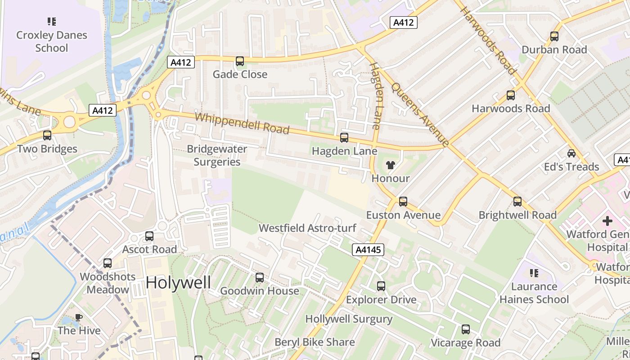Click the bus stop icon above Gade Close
[x=240, y=61]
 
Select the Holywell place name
[x=178, y=283]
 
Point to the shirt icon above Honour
[x=390, y=165]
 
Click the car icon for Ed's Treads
[x=571, y=153]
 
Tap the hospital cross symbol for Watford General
[x=607, y=221]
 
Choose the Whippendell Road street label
[x=242, y=123]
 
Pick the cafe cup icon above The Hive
[x=79, y=317]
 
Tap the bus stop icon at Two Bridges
[x=47, y=135]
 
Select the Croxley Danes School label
[x=52, y=41]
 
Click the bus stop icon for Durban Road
[x=554, y=36]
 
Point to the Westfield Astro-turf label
[x=307, y=228]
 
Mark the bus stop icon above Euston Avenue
[x=403, y=202]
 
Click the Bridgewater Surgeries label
[x=217, y=155]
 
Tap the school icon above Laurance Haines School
[x=534, y=273]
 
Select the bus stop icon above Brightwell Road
[x=517, y=202]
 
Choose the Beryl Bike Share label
[x=315, y=342]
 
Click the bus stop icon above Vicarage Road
[x=466, y=329]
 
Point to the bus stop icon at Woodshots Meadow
[x=108, y=263]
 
